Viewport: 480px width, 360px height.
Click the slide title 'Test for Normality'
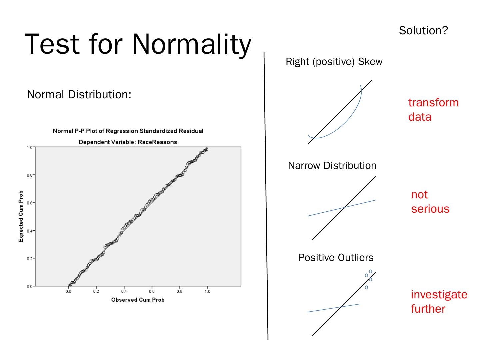(138, 44)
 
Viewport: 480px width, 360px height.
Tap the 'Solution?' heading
(423, 31)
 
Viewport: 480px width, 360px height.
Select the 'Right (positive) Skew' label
(334, 62)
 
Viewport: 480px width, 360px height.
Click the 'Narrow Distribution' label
(332, 166)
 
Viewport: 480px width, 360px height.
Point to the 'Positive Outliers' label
(336, 258)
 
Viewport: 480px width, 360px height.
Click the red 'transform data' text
(433, 110)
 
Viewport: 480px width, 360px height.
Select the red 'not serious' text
(430, 202)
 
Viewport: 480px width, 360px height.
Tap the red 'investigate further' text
(439, 302)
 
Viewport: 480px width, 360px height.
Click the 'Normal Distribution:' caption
(79, 95)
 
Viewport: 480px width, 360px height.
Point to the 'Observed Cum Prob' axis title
(138, 300)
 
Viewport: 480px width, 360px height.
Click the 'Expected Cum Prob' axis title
(21, 216)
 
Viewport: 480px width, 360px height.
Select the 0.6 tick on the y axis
(30, 203)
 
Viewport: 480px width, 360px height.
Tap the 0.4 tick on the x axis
(124, 291)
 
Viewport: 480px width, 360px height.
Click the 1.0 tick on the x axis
(207, 291)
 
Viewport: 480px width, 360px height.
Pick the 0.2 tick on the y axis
(30, 258)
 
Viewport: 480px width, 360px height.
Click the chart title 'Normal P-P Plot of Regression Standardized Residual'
(128, 131)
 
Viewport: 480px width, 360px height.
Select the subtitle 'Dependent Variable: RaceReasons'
(128, 142)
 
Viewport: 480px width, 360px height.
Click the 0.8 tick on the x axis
(179, 291)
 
